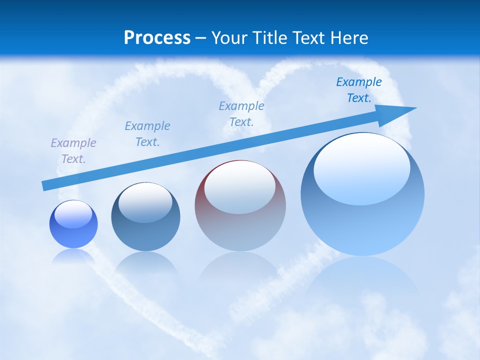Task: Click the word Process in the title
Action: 157,38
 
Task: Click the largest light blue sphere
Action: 362,225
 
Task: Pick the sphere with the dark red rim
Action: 240,230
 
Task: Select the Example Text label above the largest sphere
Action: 359,90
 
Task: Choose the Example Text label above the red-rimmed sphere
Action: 241,114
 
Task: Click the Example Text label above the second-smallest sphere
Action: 147,134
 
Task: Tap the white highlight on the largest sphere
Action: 361,167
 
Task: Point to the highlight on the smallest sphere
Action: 73,214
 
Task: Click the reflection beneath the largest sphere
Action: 362,280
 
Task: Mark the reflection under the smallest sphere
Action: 73,256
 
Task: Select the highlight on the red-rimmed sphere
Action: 239,187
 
